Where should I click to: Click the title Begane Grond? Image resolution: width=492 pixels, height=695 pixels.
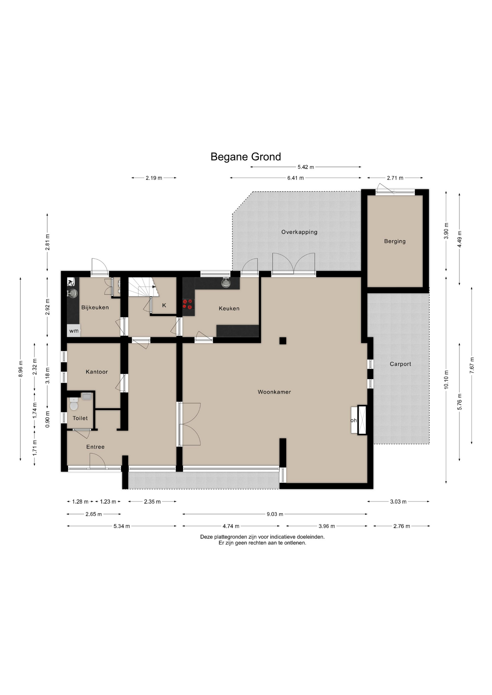coord(246,157)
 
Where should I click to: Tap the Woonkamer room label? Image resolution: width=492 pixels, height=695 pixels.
coord(274,392)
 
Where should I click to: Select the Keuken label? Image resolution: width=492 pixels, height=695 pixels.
coord(229,308)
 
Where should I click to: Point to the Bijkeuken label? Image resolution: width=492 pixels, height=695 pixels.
coord(95,307)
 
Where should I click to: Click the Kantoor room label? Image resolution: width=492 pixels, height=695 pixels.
coord(97,372)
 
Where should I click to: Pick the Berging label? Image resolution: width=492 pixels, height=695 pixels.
coord(395,241)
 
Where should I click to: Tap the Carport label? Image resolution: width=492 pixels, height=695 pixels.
coord(400,364)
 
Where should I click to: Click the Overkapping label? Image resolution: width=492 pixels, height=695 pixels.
coord(299,232)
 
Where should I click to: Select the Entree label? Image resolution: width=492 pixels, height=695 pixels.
coord(95,447)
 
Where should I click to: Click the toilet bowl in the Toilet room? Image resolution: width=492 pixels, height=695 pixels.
coord(74,404)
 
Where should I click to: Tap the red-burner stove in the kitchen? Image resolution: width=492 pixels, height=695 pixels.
coord(187,304)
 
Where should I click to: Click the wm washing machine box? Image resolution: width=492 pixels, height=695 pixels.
coord(74,331)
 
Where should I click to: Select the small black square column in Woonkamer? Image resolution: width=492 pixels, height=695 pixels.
coord(283,341)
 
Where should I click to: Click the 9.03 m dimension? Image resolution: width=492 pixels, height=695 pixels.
coord(275,514)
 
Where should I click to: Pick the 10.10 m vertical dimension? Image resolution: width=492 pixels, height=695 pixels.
coord(446,380)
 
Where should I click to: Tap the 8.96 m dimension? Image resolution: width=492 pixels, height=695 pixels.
coord(21,369)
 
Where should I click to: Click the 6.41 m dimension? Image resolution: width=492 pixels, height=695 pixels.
coord(296,178)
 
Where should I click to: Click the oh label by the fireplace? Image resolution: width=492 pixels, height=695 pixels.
coord(354,420)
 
